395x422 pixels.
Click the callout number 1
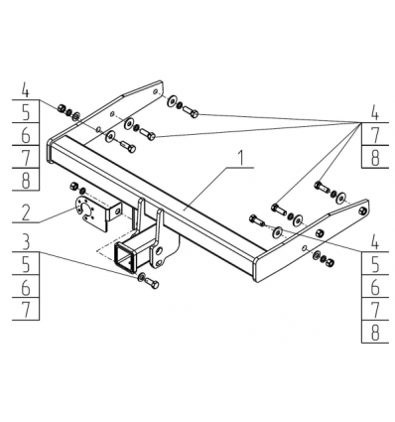pos(242,159)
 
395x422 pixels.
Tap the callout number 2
pos(27,212)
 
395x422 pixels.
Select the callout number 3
pos(26,242)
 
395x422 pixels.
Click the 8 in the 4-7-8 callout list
pos(375,158)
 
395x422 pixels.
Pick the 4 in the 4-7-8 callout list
pos(375,112)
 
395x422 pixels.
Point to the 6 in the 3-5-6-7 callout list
pos(26,287)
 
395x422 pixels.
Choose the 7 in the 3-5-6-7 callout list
pos(26,310)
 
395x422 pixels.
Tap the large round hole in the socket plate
pos(87,210)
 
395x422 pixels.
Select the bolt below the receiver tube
pos(152,283)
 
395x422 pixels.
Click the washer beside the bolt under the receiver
pos(141,277)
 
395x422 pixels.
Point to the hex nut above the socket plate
pos(73,186)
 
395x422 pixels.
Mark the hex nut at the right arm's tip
pos(363,210)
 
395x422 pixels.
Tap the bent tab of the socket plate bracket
pos(114,211)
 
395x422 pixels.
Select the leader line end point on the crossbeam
pos(185,210)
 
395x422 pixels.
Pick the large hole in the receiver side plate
pos(158,251)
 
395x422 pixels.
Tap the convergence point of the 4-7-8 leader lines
pos(360,123)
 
